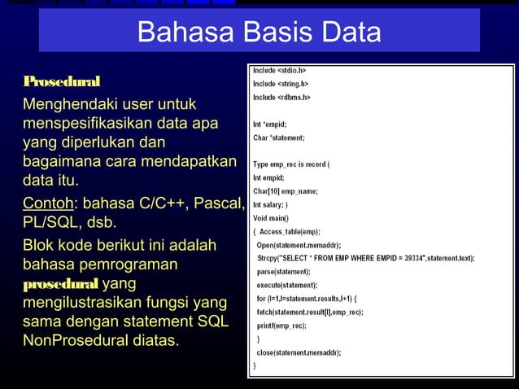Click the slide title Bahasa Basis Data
259,32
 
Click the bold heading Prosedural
62,81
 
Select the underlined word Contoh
48,202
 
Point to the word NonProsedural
97,340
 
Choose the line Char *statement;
281,138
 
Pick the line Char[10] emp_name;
286,191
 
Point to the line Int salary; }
276,205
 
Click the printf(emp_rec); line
281,326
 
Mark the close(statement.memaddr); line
299,352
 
